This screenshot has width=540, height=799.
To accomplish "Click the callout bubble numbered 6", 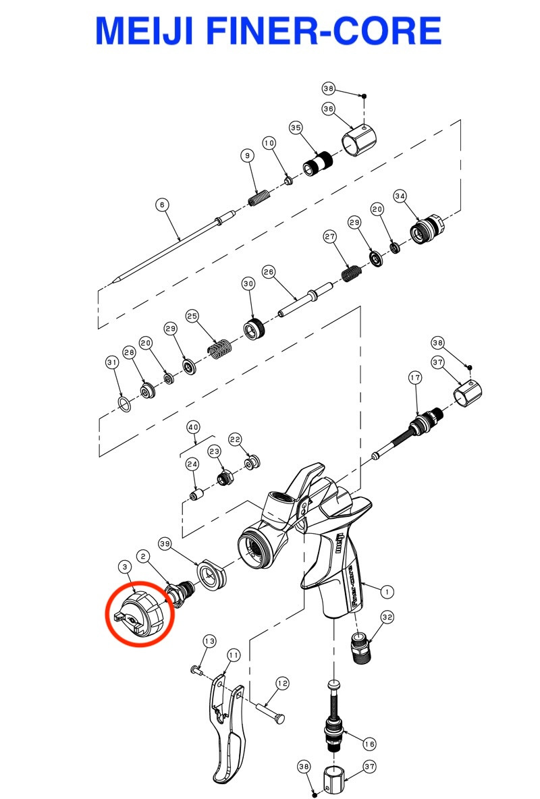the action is pos(162,205).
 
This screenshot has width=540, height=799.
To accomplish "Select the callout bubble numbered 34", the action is pos(400,196).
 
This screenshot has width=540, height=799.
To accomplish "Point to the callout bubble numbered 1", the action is pos(387,592).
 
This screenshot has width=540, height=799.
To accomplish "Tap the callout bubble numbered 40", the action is pos(194,427).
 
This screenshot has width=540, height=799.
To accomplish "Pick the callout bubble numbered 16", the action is pos(370,744).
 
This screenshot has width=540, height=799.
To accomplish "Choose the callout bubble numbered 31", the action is pos(112,362).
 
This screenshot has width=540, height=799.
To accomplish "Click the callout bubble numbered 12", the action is pos(282,684).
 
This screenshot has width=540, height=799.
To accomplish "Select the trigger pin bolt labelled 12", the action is pos(270,712).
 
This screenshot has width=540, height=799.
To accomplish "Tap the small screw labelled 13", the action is pos(196,670).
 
